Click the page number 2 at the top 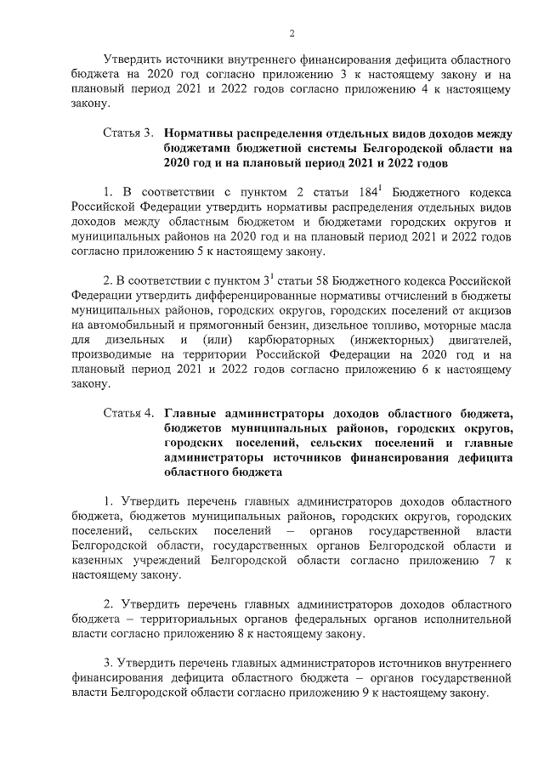click(291, 33)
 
